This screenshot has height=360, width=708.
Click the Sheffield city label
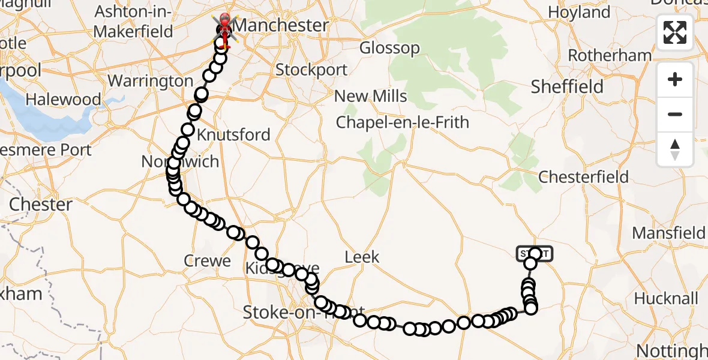tap(567, 87)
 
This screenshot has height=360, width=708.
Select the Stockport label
tap(311, 70)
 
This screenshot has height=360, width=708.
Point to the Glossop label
tap(389, 48)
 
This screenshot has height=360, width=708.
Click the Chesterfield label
tap(583, 177)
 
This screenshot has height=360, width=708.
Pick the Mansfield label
tap(668, 232)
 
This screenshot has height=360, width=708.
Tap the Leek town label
tap(362, 257)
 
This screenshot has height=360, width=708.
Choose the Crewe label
tap(208, 261)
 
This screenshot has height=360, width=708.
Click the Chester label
tap(41, 205)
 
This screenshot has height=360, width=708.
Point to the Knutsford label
tap(238, 134)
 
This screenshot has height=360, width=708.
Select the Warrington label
tap(150, 81)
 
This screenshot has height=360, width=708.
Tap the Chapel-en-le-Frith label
tap(403, 122)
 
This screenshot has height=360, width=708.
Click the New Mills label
tap(370, 97)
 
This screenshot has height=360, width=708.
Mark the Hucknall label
tap(666, 299)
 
